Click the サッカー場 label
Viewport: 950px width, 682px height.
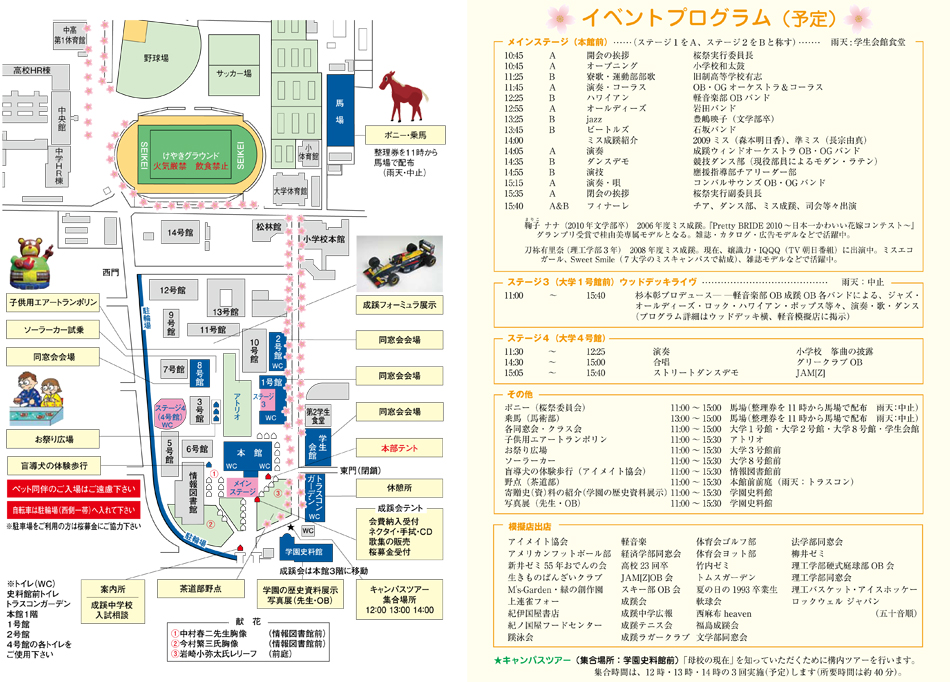[233, 74]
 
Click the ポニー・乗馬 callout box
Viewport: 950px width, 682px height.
[398, 134]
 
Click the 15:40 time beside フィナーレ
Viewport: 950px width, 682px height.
[514, 205]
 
